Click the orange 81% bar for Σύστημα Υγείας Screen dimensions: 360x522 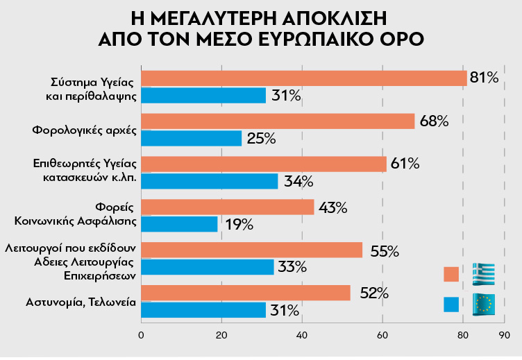click(x=303, y=78)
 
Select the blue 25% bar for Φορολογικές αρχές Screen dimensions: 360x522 click(x=191, y=138)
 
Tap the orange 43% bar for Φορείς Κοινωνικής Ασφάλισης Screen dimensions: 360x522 click(x=227, y=207)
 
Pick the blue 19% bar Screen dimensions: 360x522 click(x=179, y=224)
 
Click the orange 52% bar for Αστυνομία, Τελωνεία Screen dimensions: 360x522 click(x=245, y=293)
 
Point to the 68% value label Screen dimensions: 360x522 click(x=434, y=121)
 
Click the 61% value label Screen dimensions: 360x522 click(x=405, y=164)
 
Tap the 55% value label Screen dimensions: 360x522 click(x=384, y=250)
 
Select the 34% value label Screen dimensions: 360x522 click(x=298, y=182)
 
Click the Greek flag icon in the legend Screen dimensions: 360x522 click(x=483, y=274)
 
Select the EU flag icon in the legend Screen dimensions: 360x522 click(x=483, y=304)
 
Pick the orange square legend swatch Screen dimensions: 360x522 click(x=451, y=275)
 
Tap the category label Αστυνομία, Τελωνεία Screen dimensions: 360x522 click(x=81, y=302)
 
